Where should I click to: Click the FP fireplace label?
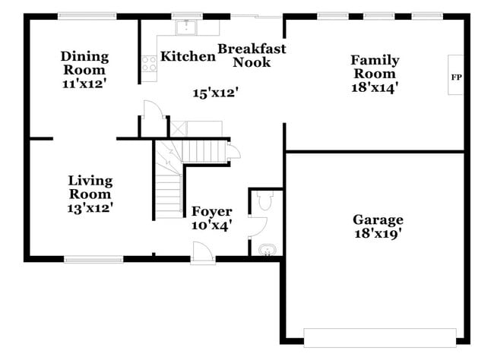pos(456,77)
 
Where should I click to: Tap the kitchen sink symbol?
pos(186,28)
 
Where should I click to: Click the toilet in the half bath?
pos(264,201)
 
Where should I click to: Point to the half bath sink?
pos(266,249)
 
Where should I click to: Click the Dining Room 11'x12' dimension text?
pos(84,84)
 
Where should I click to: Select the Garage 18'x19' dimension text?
pos(377,234)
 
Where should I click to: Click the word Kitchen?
pos(188,56)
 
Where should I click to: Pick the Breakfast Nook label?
pos(252,55)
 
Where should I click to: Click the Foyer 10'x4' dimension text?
pos(211,225)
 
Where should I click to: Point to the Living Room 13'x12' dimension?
pos(90,206)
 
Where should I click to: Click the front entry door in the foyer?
pos(202,253)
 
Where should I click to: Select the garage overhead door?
pos(379,337)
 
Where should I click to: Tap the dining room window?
pos(87,15)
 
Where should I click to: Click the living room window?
pos(93,260)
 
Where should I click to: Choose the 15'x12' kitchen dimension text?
pos(216,93)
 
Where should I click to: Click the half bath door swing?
pos(258,226)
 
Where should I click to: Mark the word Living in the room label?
pos(90,181)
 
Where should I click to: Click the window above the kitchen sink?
pos(182,15)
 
